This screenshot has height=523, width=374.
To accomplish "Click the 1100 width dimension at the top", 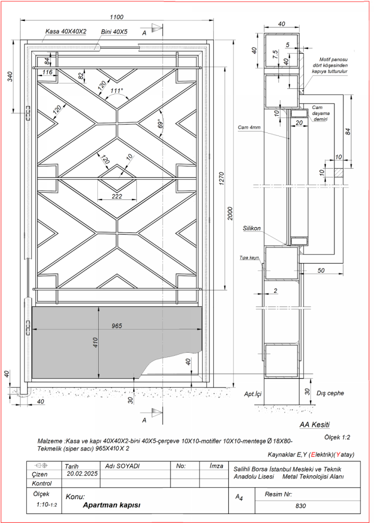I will pyautogui.click(x=116, y=17).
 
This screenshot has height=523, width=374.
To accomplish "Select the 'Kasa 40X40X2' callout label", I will pyautogui.click(x=66, y=31).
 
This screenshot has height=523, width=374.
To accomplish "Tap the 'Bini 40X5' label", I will pyautogui.click(x=114, y=31).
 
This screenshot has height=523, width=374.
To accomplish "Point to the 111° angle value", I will pyautogui.click(x=117, y=91).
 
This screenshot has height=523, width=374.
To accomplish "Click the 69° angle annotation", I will pyautogui.click(x=160, y=124).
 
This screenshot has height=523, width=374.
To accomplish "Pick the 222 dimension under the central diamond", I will pyautogui.click(x=117, y=196).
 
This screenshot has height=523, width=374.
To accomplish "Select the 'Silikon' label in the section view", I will pyautogui.click(x=252, y=228).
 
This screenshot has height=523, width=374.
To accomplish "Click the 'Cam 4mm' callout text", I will pyautogui.click(x=249, y=128).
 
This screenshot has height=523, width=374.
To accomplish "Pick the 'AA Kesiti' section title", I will pyautogui.click(x=315, y=425).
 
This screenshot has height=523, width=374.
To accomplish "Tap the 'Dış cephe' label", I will pyautogui.click(x=330, y=393).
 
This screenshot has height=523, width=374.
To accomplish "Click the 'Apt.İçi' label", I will pyautogui.click(x=253, y=393).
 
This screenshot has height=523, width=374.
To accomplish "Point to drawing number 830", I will pyautogui.click(x=300, y=506).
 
